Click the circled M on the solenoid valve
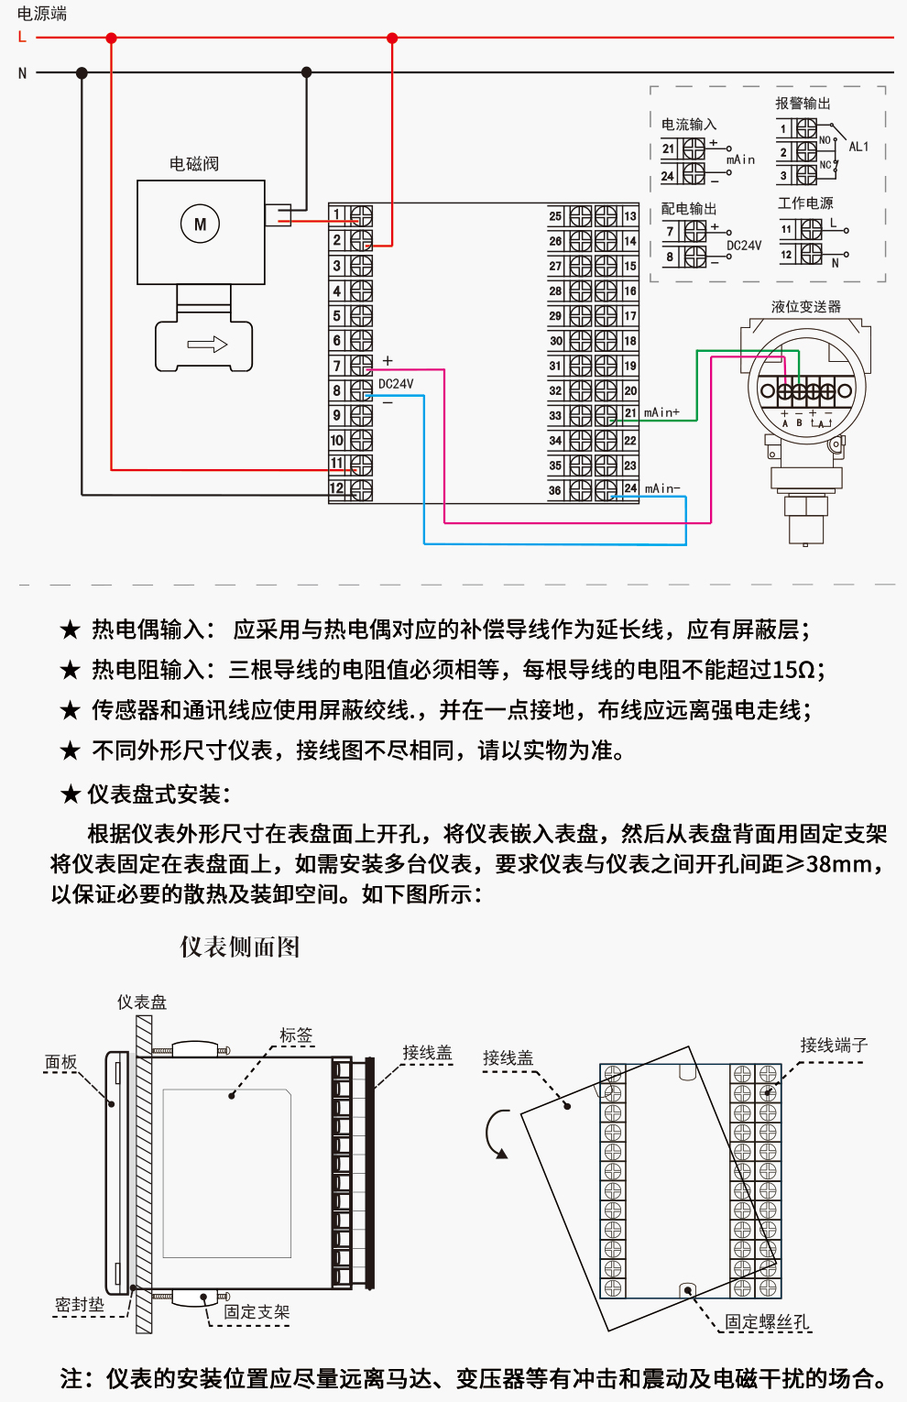click(x=200, y=225)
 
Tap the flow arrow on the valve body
click(x=207, y=345)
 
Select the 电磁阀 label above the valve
click(x=194, y=164)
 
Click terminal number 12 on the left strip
click(x=337, y=488)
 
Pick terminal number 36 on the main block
click(x=555, y=490)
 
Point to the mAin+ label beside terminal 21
click(x=661, y=413)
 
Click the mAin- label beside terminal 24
click(x=662, y=489)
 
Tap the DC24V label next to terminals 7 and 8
click(x=396, y=384)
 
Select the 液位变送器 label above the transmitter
click(x=805, y=307)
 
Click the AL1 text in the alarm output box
click(x=858, y=147)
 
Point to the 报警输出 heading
click(x=803, y=104)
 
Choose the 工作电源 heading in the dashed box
click(x=805, y=203)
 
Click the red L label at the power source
click(x=22, y=38)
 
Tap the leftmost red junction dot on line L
click(x=112, y=38)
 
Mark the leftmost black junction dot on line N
click(x=82, y=73)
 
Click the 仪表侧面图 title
click(x=240, y=947)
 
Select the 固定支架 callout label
click(x=257, y=1312)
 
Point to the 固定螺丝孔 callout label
click(x=768, y=1321)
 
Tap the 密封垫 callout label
click(x=80, y=1305)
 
